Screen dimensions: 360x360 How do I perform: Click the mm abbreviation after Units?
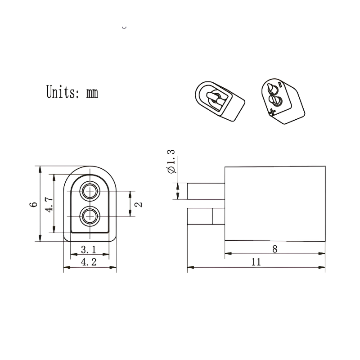coord(92,93)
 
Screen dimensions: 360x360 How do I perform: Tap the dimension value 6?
coord(33,204)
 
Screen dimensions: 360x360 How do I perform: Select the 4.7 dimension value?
coord(49,204)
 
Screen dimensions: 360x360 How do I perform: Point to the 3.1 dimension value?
coord(89,249)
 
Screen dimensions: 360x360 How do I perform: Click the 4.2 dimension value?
coord(89,262)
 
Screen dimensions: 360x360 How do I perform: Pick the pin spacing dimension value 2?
coord(139,204)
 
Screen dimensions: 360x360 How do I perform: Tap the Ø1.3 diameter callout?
coord(171,162)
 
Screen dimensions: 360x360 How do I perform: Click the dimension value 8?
coord(275,249)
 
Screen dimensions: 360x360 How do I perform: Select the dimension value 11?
coord(256,262)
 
